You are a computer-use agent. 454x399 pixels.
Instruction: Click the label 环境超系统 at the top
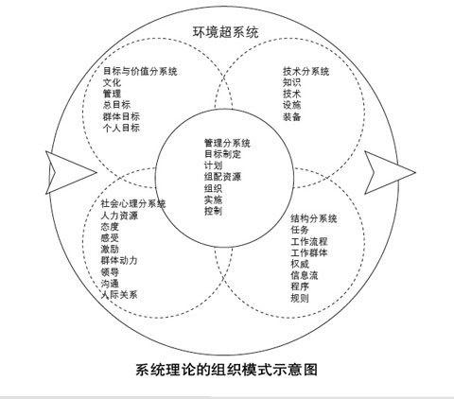tap(226, 32)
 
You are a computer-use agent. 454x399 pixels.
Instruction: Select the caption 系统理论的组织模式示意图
tap(226, 370)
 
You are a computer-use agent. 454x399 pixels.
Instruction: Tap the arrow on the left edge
tap(71, 172)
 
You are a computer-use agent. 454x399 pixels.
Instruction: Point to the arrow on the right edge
tap(390, 172)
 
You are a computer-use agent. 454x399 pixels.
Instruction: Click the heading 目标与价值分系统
tap(140, 71)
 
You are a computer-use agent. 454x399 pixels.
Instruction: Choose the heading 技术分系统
tap(306, 72)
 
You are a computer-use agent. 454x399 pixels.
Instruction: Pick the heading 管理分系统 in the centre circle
tap(227, 143)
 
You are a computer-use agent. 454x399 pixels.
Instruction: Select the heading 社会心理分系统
tap(133, 203)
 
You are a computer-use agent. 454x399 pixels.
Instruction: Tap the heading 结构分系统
tap(314, 218)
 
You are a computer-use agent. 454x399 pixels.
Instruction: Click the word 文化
tap(112, 82)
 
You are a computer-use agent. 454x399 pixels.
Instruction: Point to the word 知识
tap(291, 82)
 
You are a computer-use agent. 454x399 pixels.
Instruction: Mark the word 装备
tap(291, 116)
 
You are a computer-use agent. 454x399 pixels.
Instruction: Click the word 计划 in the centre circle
tap(214, 165)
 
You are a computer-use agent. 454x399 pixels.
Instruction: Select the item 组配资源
tap(223, 177)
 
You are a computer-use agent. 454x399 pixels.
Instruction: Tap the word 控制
tap(214, 211)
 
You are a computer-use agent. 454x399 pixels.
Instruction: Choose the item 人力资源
tap(119, 216)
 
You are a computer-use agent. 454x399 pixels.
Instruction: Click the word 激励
tap(110, 249)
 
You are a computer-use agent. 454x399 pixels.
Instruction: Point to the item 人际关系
tap(119, 295)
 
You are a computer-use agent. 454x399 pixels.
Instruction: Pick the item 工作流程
tap(309, 242)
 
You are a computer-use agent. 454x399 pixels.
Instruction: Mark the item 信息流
tap(305, 275)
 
